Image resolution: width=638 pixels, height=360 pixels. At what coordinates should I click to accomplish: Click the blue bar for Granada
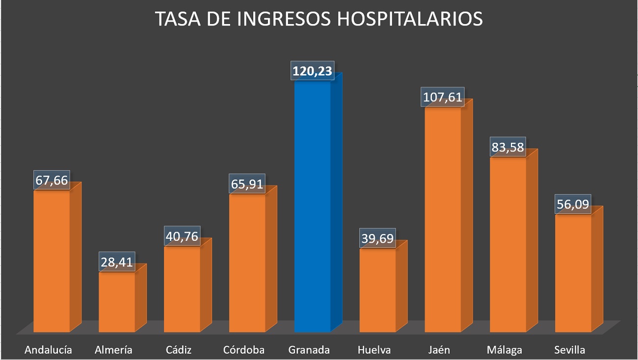pos(313,206)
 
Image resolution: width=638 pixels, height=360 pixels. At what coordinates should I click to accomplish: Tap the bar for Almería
pos(117,302)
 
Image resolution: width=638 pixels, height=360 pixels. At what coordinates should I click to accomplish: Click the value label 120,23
pos(312,72)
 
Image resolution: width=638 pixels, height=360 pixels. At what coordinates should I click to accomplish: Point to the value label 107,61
pos(442,97)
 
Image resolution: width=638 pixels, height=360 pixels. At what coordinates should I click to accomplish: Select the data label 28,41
pos(116,262)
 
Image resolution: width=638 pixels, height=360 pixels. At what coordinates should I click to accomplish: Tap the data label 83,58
pos(507,147)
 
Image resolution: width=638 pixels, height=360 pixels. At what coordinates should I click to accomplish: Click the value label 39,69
pos(377,238)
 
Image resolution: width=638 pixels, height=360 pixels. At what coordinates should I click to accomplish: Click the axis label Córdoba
pos(244,350)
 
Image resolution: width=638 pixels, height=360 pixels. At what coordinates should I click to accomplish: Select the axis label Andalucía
pos(48,350)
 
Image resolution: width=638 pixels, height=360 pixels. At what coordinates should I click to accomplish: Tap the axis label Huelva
pos(374,350)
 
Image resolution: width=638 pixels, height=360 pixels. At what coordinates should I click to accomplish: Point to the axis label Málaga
pos(505,350)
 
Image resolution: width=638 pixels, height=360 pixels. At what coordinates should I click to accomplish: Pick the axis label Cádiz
pos(179,350)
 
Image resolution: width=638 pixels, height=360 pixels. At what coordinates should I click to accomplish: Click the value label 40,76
pos(182,236)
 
